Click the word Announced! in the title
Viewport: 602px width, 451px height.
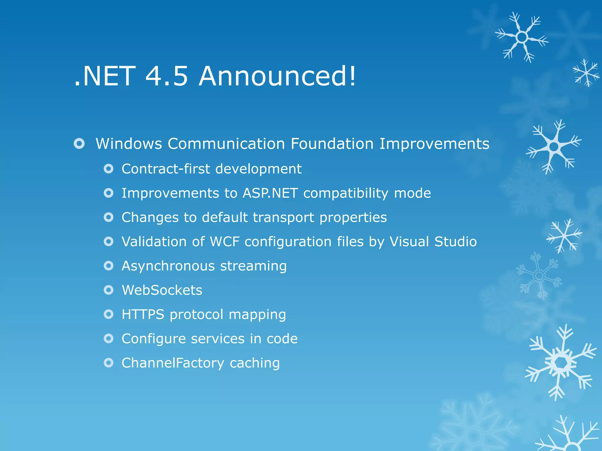277,76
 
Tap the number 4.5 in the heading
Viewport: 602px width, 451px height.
166,76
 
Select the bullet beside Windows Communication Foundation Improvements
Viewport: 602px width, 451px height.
79,144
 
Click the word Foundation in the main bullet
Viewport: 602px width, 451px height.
332,144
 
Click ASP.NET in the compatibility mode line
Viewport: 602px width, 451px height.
270,193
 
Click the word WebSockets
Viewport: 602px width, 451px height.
162,290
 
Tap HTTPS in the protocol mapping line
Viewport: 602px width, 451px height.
143,314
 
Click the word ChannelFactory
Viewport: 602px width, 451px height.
173,363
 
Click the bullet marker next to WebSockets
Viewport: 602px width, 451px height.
108,290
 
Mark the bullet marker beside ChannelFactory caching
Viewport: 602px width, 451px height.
108,363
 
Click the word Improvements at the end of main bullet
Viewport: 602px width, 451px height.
434,144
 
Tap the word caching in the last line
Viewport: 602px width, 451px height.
255,363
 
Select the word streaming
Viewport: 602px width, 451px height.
253,266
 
